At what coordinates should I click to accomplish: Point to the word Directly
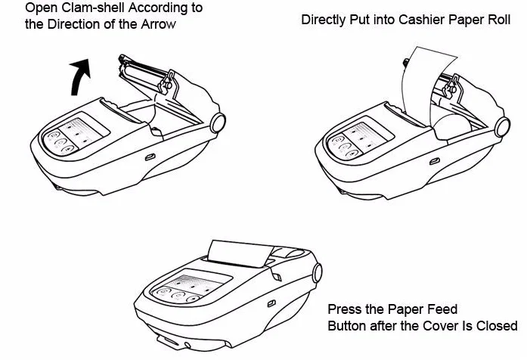(324, 20)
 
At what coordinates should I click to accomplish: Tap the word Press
(343, 310)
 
